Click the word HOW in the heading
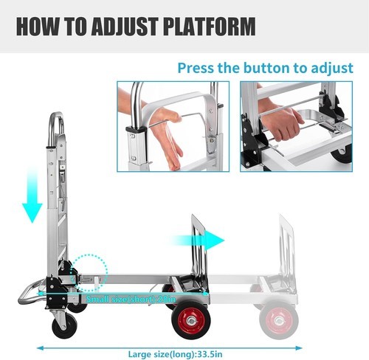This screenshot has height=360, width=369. [x=40, y=27]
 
